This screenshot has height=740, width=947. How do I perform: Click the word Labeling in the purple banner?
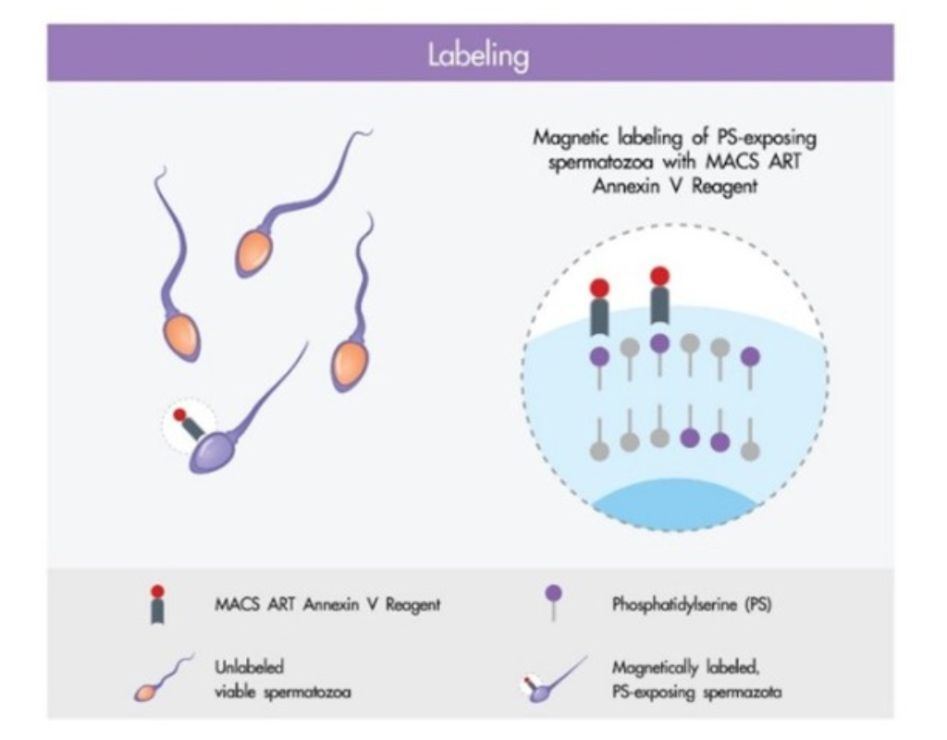[478, 56]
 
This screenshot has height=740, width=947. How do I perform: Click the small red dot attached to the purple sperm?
[179, 415]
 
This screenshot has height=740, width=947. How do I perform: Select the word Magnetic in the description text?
[569, 139]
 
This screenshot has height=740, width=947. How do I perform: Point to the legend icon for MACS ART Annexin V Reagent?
[157, 604]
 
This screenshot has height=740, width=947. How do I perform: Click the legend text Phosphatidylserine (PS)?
[692, 604]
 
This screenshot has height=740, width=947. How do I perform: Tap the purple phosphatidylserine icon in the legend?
[553, 601]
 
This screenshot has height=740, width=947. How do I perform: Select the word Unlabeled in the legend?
[249, 667]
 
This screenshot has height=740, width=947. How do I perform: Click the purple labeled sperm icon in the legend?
[553, 680]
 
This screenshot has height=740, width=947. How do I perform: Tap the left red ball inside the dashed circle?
[599, 289]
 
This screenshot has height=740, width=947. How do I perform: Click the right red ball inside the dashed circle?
[660, 277]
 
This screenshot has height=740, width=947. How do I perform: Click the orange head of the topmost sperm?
[254, 253]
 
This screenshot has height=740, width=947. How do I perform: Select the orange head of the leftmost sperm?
[180, 337]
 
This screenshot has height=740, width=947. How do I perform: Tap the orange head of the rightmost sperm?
[350, 365]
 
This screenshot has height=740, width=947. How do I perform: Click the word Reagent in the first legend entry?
[413, 605]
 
